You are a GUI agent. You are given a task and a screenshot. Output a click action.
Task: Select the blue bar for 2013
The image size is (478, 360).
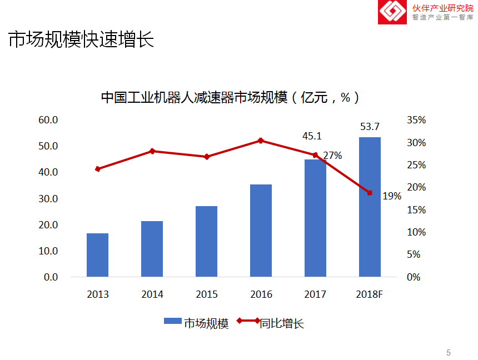(97, 255)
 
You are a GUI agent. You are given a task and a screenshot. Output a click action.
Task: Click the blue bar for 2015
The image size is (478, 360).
(206, 241)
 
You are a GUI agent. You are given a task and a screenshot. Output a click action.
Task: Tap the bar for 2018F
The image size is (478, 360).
(370, 207)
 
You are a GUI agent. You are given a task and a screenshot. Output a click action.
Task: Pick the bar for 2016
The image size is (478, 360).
(261, 231)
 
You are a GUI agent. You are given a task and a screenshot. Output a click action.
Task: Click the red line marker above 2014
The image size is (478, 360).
(152, 151)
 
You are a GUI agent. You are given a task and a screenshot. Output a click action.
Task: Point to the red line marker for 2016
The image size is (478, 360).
(261, 141)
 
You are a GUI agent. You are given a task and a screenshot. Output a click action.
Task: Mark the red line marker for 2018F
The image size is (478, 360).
(370, 193)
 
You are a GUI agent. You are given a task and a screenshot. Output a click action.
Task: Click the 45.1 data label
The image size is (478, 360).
(312, 136)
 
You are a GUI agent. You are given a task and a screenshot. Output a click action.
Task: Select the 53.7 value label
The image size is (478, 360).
(370, 127)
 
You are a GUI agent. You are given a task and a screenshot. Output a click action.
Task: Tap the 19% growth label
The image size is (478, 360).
(392, 196)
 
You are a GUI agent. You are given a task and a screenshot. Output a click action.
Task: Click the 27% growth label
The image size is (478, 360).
(332, 156)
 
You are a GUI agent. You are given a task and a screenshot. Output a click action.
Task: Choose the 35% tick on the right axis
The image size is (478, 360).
(416, 120)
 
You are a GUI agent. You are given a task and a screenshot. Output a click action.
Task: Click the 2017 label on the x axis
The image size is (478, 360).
(315, 294)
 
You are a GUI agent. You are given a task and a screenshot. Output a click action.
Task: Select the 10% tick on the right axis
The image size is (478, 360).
(416, 232)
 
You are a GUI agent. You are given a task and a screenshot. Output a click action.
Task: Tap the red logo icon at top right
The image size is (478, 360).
(392, 12)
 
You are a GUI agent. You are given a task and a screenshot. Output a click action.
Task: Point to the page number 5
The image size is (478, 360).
(449, 353)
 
